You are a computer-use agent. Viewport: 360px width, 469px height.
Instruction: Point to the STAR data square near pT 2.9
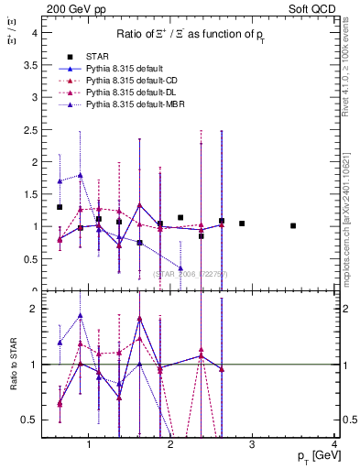(242, 224)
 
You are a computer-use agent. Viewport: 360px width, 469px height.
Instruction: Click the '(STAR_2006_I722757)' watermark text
(191, 274)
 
